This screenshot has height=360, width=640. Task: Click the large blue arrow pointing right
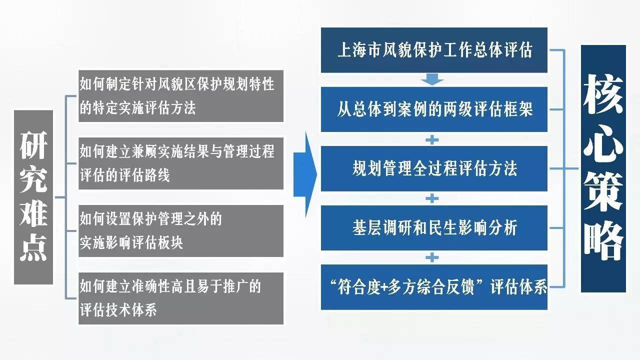point(305,174)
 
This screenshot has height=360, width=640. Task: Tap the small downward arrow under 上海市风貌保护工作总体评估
point(432,79)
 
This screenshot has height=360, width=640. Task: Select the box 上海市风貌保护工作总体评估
point(434,50)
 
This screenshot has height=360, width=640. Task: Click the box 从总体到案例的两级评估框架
point(434,109)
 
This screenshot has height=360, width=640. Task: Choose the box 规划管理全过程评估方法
point(434,168)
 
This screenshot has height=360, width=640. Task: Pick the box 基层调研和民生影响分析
point(434,228)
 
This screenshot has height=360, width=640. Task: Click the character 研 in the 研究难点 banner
point(33,145)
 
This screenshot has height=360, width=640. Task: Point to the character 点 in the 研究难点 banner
point(33,247)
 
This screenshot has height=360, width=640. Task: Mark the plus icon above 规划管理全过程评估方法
point(432,140)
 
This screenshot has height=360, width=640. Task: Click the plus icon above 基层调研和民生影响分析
point(432,198)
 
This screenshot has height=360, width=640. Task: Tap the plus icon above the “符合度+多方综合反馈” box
point(432,257)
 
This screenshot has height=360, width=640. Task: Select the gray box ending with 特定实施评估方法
point(181,96)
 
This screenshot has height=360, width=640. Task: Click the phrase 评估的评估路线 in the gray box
point(125,175)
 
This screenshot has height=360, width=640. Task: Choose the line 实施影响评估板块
point(131,243)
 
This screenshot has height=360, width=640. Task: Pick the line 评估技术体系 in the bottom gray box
point(118,310)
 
